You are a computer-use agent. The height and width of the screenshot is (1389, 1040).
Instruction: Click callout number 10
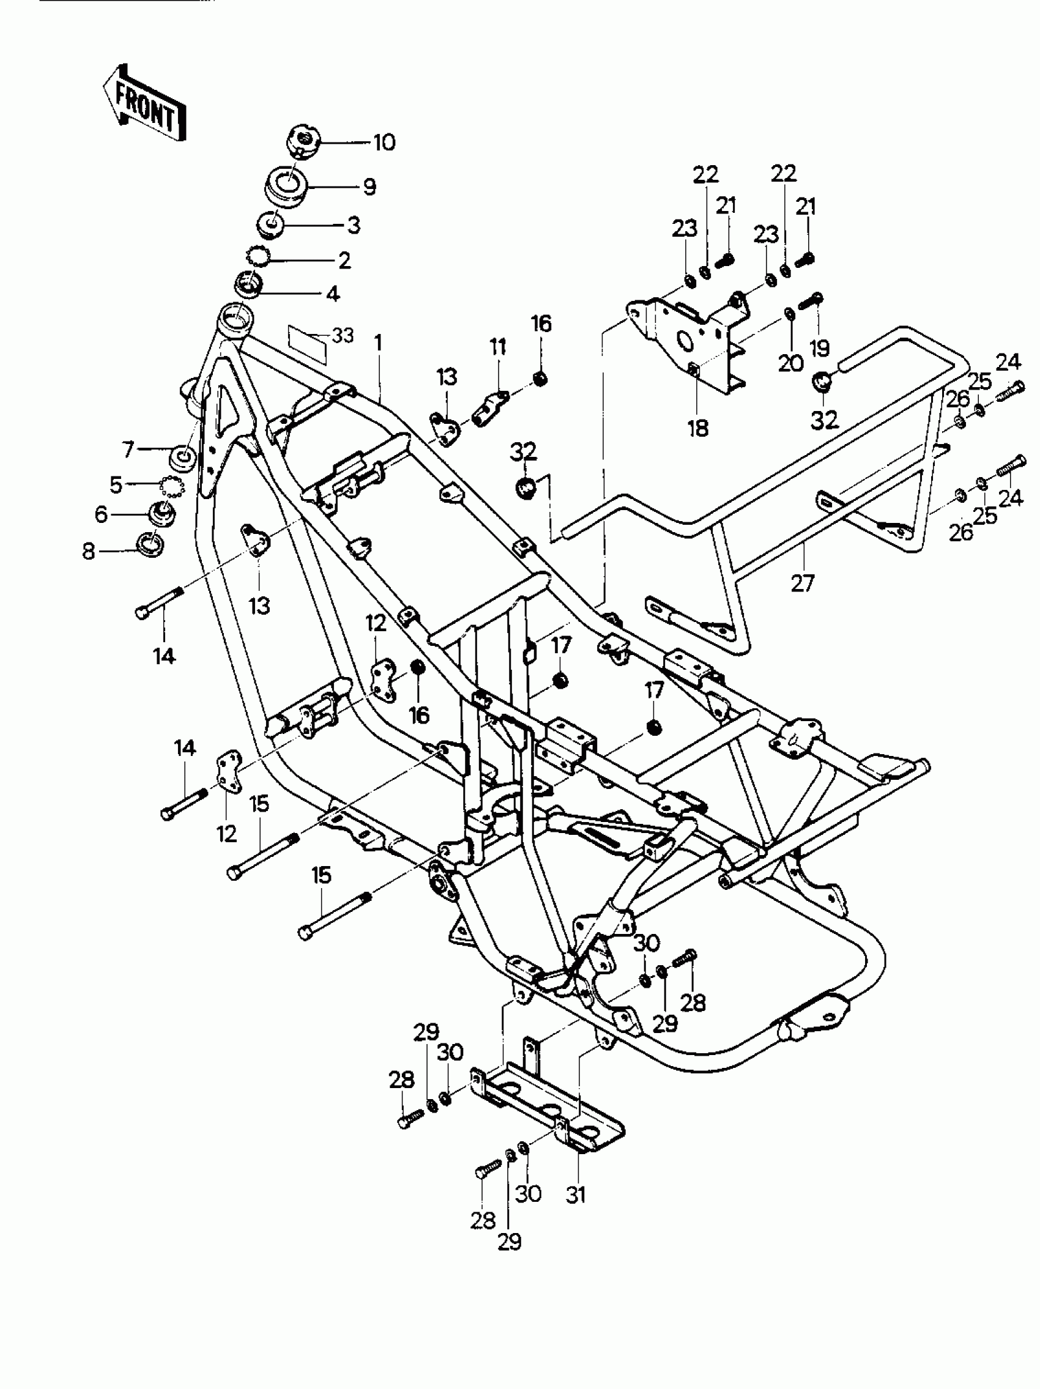384,143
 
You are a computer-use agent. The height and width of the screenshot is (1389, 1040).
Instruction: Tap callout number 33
343,336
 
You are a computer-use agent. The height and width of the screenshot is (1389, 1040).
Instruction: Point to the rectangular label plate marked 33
308,345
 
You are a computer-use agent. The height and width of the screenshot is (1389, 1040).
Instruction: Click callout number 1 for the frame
378,343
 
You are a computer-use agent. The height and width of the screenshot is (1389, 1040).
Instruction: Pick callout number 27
803,583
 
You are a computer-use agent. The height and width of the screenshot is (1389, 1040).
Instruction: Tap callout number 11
498,347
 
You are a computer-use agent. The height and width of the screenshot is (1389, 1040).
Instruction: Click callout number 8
89,551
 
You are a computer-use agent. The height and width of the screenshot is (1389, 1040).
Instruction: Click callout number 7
128,449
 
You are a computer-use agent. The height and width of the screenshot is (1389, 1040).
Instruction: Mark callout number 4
332,292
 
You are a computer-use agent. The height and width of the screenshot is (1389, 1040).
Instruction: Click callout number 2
344,259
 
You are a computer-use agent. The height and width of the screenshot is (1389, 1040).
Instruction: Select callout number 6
101,515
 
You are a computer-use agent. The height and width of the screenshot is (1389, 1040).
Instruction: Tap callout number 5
116,484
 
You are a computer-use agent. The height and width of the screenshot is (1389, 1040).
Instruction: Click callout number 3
354,225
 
